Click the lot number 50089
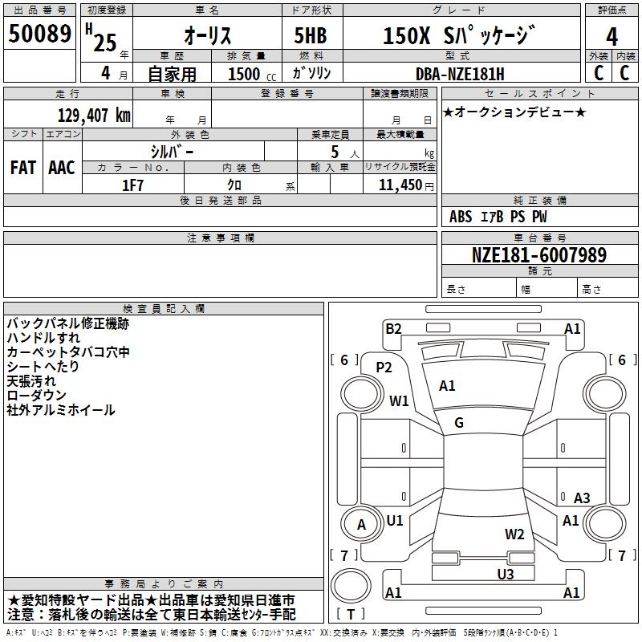point(39,35)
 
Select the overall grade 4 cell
point(612,36)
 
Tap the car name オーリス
point(208,36)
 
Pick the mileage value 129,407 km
point(95,116)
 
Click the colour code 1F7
point(132,184)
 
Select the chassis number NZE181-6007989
point(539,255)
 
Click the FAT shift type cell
point(22,168)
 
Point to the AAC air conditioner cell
point(62,168)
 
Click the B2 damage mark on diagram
point(393,328)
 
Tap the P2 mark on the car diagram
point(384,368)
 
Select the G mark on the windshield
point(459,423)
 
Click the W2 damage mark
point(514,534)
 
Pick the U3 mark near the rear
point(505,574)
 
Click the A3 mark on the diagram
point(582,498)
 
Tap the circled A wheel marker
point(361,526)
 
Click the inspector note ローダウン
point(38,396)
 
